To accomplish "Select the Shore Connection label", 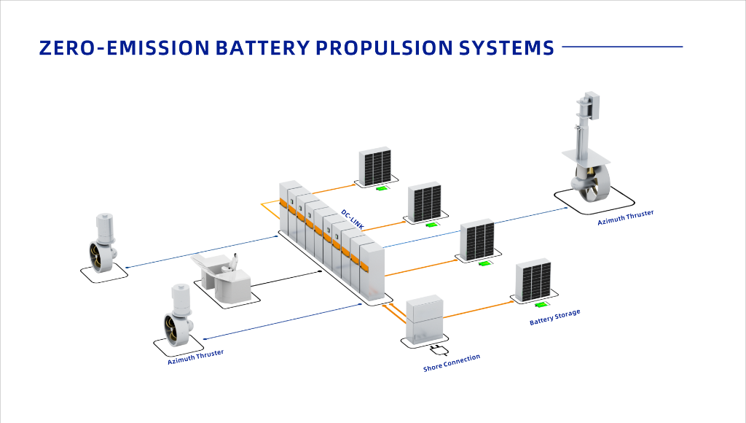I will pyautogui.click(x=452, y=363).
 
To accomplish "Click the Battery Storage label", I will pyautogui.click(x=554, y=317).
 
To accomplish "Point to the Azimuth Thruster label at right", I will pyautogui.click(x=625, y=217).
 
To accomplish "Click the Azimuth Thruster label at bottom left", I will pyautogui.click(x=195, y=357).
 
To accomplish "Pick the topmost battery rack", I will pyautogui.click(x=376, y=166).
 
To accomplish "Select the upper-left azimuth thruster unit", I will pyautogui.click(x=102, y=244).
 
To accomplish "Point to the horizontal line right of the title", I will pyautogui.click(x=622, y=47).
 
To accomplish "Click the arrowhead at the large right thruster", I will pyautogui.click(x=565, y=208).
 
